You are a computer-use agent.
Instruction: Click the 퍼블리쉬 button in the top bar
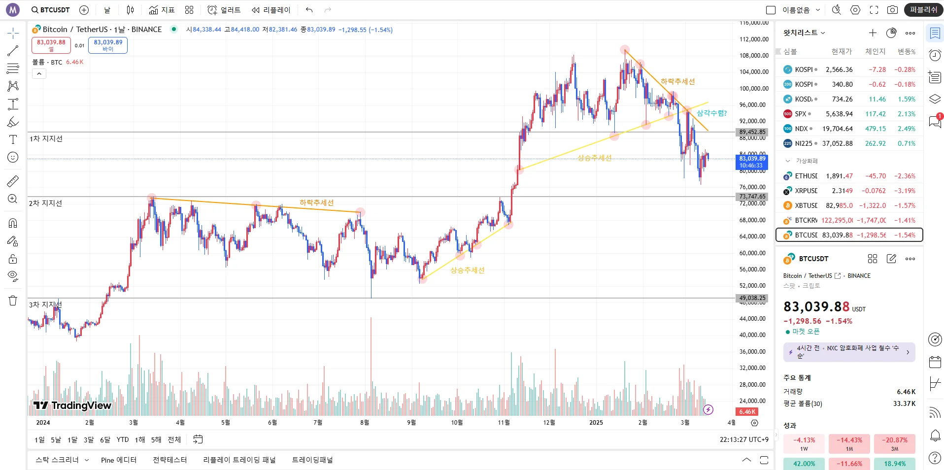(923, 10)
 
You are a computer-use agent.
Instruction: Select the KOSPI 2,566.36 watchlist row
(849, 69)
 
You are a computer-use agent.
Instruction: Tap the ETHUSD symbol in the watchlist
(806, 176)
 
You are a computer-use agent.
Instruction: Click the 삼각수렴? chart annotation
(711, 113)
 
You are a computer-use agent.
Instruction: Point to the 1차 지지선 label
(46, 139)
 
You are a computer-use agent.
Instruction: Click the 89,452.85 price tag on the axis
(752, 132)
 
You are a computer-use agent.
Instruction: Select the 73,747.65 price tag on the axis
(752, 197)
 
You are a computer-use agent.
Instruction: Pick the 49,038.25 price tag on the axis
(752, 298)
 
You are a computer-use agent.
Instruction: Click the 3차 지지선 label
(45, 305)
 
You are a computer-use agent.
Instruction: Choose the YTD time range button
(123, 439)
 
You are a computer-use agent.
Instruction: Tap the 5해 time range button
(156, 439)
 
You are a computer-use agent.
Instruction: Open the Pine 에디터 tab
(119, 460)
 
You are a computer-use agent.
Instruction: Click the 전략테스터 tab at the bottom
(170, 460)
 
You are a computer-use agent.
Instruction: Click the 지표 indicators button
(162, 10)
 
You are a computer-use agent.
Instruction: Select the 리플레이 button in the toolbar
(271, 10)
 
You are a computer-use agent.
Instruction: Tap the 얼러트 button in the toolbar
(224, 10)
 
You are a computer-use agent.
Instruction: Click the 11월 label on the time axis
(504, 423)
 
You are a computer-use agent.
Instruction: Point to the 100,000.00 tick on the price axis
(754, 89)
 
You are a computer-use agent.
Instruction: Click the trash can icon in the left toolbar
(13, 301)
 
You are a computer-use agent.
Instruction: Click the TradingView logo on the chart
(72, 405)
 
